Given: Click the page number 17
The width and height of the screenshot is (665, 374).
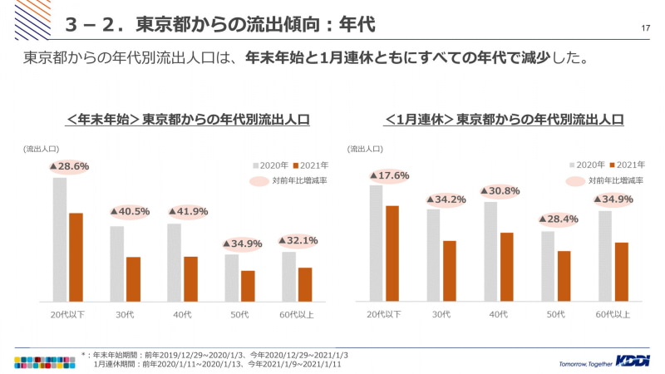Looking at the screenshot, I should [646, 30].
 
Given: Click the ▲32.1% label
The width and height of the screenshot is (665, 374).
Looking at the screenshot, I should [298, 240].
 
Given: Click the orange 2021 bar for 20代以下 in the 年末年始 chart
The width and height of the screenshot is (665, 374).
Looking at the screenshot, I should [76, 257].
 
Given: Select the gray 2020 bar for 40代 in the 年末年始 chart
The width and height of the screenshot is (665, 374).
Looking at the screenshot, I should [174, 262].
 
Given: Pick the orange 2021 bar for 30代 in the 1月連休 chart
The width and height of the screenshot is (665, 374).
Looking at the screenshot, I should [450, 270].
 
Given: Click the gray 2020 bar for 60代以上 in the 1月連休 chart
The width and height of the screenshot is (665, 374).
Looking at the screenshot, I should [605, 255].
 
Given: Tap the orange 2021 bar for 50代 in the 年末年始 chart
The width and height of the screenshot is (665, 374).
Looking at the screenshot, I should [248, 286].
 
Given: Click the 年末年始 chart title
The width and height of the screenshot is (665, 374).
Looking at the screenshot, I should [188, 120].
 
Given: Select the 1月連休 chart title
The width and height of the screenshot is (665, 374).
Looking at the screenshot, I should [505, 120].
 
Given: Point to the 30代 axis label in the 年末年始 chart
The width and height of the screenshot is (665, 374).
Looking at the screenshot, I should [126, 314].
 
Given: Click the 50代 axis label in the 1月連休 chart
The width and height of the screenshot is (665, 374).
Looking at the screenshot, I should [556, 314].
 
